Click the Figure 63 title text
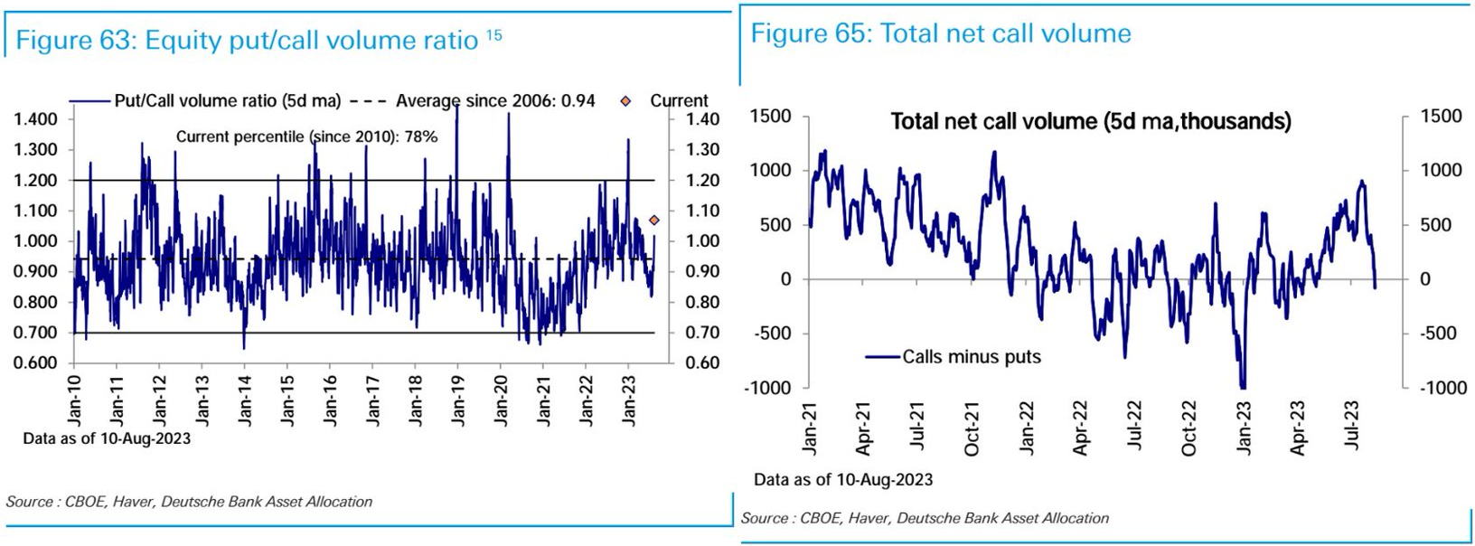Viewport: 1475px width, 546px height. pos(247,41)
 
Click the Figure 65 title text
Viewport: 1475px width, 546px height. pos(941,34)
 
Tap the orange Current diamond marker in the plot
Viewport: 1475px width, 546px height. pos(654,220)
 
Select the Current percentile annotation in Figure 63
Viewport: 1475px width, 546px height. pos(306,136)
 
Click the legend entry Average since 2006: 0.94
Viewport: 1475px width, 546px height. pos(495,101)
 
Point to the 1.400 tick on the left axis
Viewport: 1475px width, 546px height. pos(36,119)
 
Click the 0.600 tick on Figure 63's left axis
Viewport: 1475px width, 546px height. pos(36,363)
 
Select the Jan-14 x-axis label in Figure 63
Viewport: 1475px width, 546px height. pos(245,400)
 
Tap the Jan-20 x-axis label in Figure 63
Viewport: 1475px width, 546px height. pos(501,400)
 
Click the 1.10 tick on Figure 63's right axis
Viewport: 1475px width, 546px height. pos(702,211)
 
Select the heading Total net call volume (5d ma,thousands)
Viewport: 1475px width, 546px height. pos(1091,121)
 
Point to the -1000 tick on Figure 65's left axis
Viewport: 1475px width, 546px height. pos(767,388)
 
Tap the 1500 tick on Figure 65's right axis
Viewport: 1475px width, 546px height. pos(1441,117)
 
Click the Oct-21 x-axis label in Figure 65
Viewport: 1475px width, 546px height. pos(972,428)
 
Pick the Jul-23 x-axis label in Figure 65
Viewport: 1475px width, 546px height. pos(1353,425)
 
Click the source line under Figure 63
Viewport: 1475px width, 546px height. pos(189,502)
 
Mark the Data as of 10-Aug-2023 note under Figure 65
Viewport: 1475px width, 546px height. pos(843,480)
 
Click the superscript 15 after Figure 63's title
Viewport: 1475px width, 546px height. pos(494,35)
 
